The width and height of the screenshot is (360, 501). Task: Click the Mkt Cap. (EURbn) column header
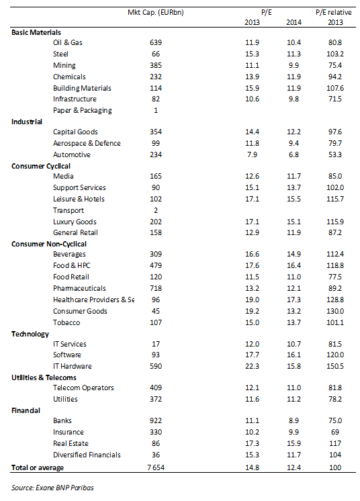156,13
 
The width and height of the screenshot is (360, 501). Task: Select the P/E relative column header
334,13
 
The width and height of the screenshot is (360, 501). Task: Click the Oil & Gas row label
68,42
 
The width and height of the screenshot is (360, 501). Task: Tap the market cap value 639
156,42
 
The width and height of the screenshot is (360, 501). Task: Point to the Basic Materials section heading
36,32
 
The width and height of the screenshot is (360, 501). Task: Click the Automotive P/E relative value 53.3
335,154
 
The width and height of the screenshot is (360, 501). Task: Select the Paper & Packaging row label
83,111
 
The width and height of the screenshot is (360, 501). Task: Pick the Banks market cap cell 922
156,421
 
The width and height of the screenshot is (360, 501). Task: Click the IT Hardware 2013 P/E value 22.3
252,366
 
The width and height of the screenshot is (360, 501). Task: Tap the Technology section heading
30,334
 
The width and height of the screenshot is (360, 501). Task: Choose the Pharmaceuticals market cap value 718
156,288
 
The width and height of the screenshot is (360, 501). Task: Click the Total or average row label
38,468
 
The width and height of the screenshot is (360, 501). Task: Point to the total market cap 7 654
156,468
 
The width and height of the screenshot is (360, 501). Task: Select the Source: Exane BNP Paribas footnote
52,488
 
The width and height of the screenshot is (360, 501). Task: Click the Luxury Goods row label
75,222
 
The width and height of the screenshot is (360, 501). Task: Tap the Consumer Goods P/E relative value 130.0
335,311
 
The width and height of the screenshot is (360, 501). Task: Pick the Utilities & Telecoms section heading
44,377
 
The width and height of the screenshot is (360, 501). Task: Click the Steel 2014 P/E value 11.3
294,54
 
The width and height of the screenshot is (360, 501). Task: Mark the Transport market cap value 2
156,211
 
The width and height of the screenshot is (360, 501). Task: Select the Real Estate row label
71,443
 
